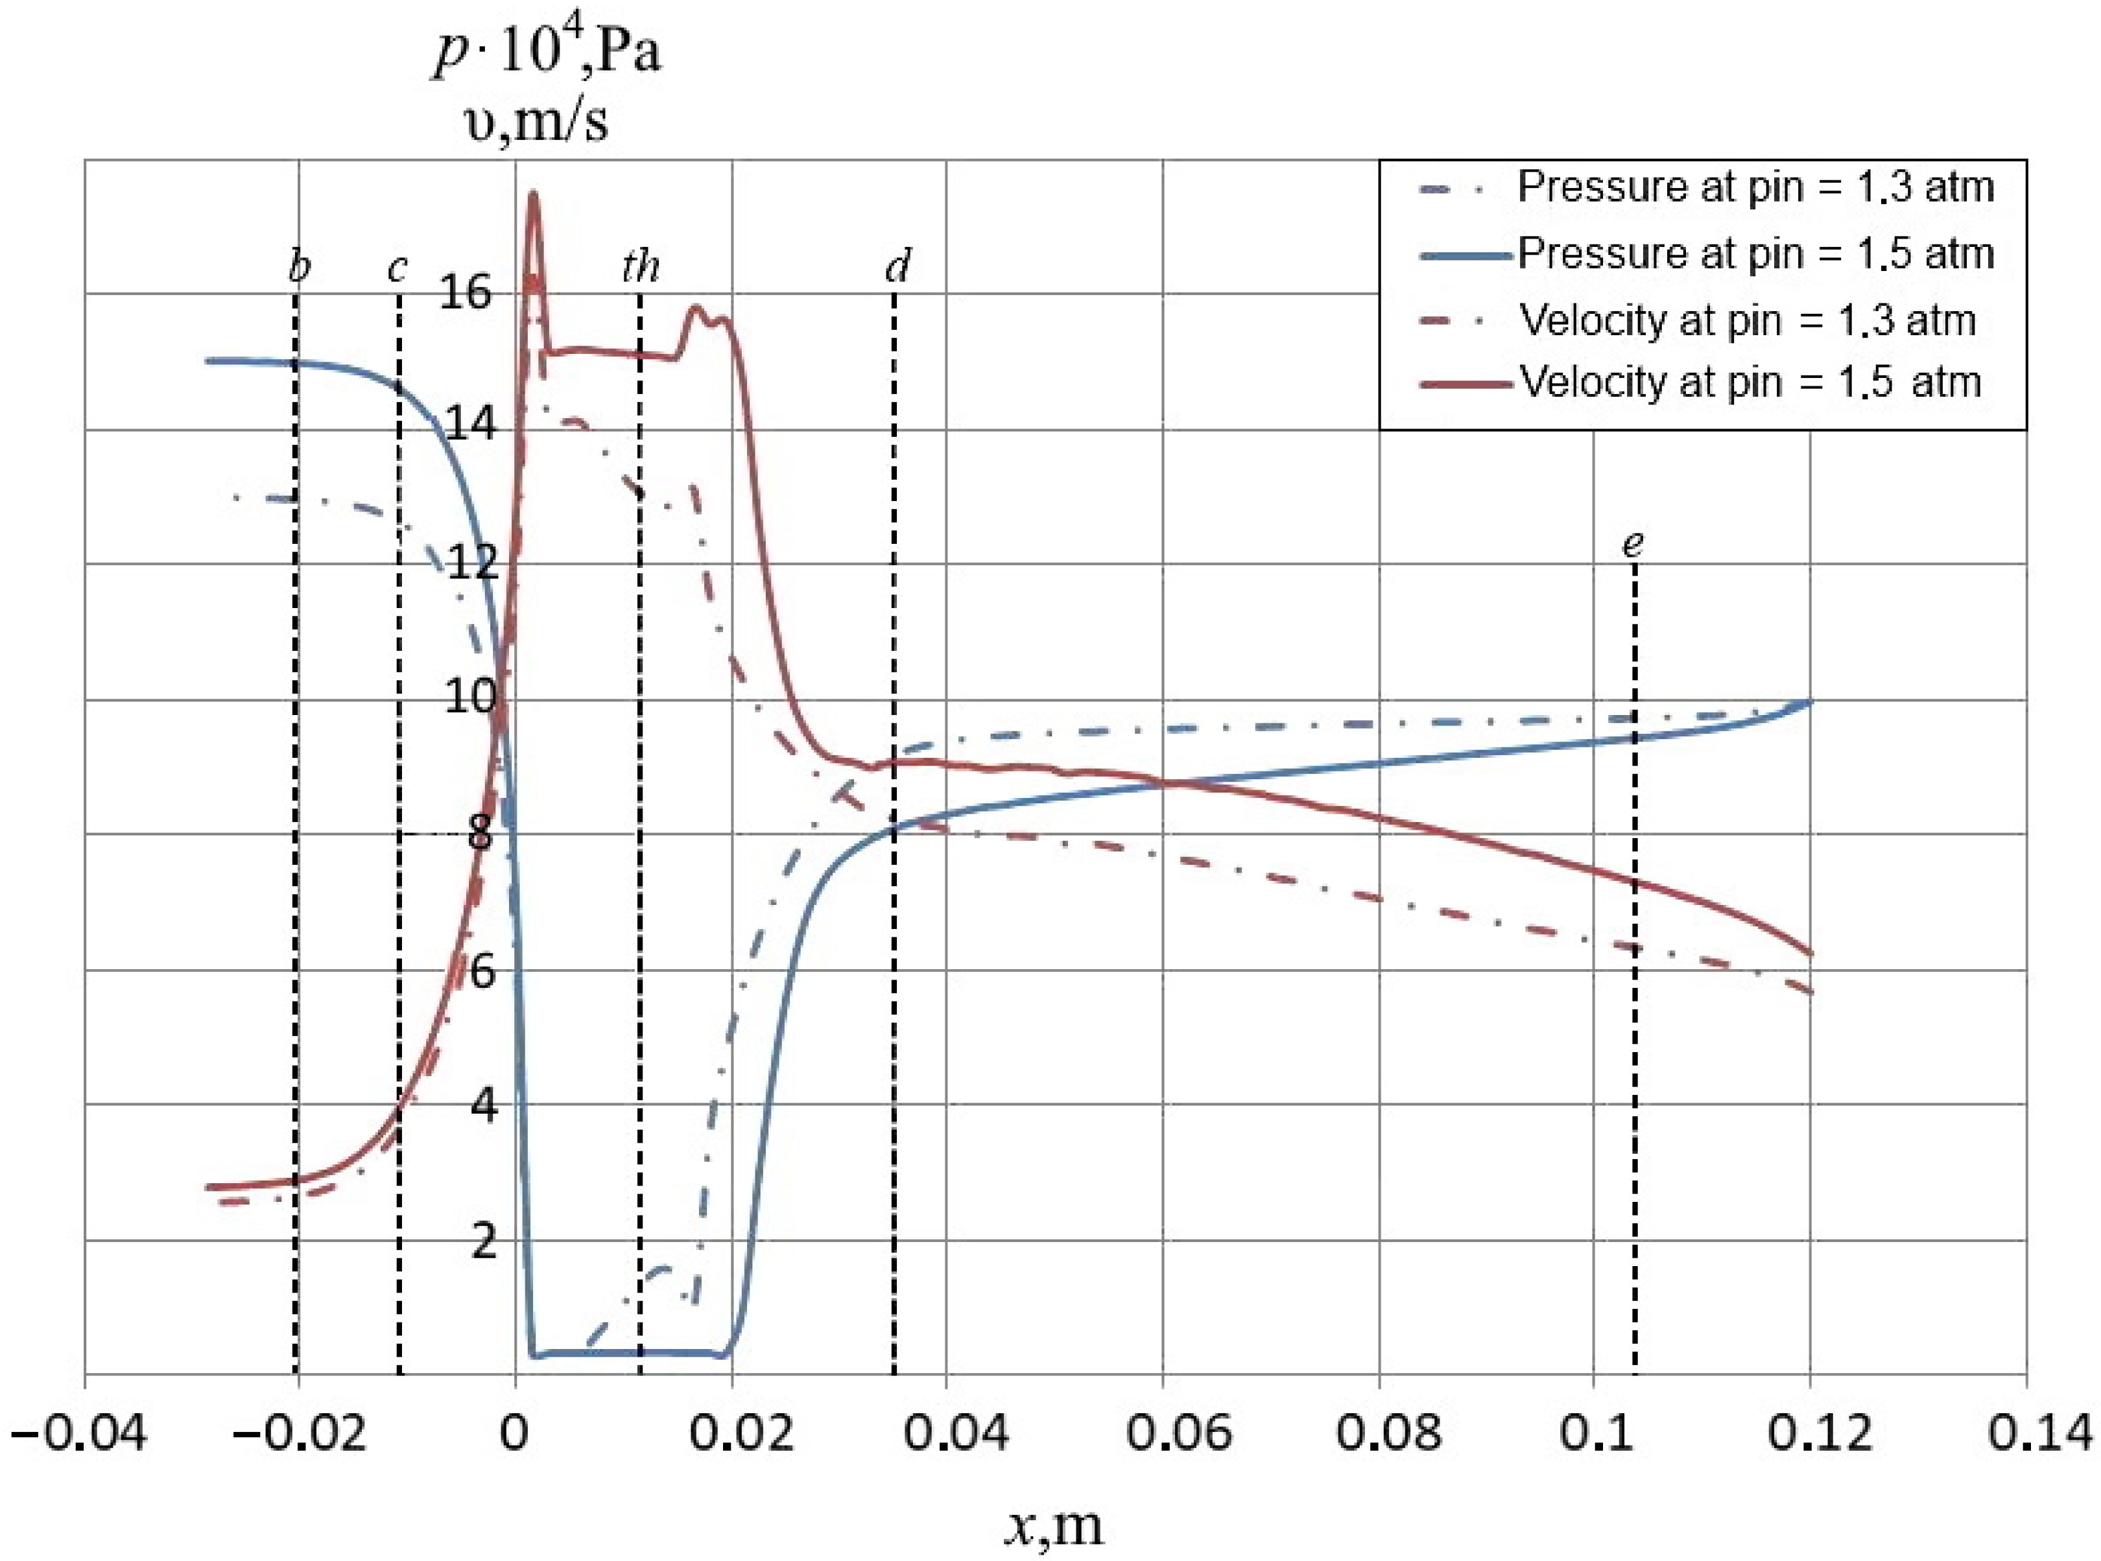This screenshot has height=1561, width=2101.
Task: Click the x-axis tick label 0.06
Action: [1178, 1433]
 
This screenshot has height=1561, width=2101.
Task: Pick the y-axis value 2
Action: [483, 1241]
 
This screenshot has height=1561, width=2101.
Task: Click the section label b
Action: [299, 268]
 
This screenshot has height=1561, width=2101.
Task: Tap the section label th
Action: [640, 268]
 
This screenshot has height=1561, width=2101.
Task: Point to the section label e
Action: [1632, 545]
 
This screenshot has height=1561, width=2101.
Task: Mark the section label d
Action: [897, 268]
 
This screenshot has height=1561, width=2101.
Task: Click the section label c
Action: [397, 269]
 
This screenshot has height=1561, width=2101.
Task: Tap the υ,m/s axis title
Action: [537, 122]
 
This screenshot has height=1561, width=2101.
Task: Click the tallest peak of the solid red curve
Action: [533, 194]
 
